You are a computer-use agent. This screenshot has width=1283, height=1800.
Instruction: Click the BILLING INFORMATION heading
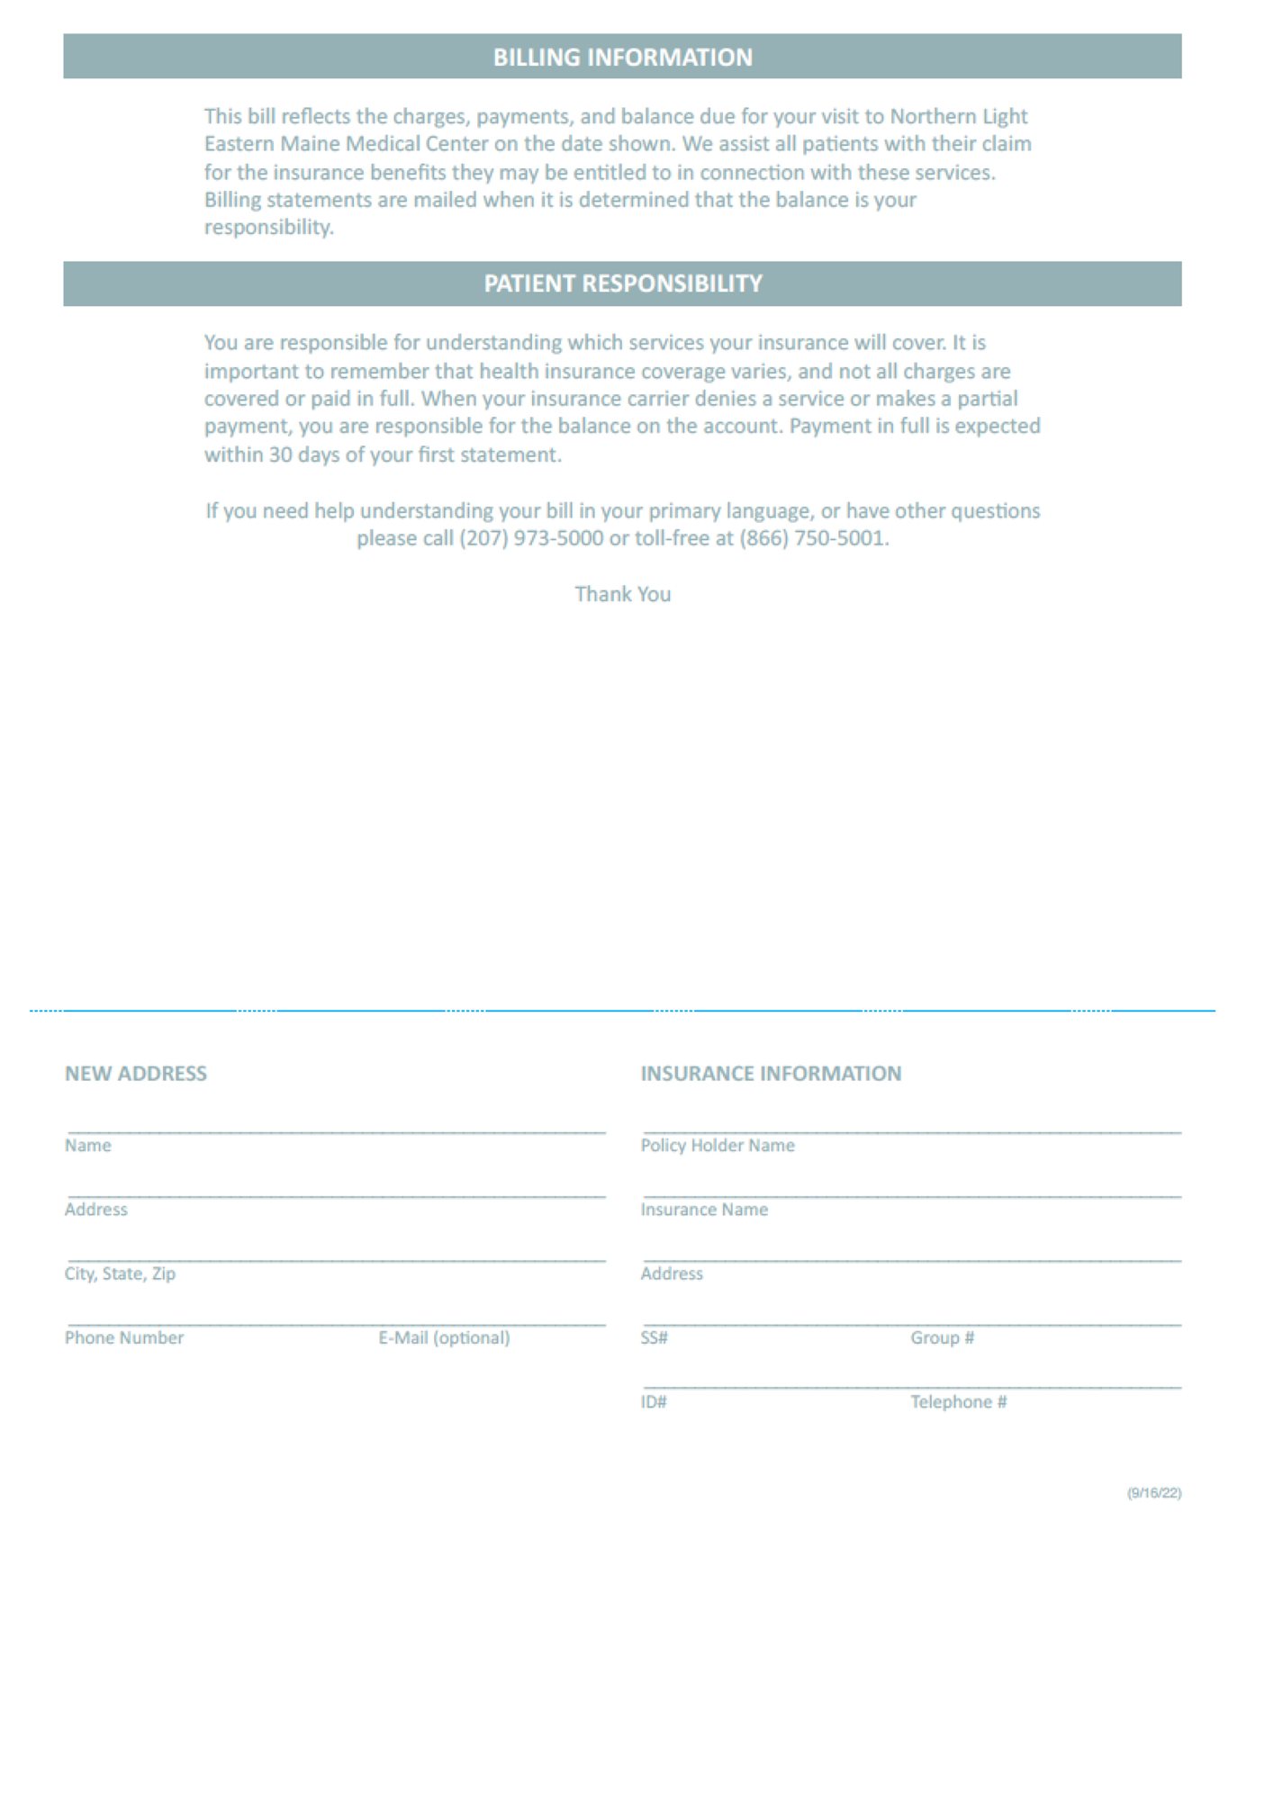[622, 58]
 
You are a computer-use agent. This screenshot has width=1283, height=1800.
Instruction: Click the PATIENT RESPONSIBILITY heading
[622, 283]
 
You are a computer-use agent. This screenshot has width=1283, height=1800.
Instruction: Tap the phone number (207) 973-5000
[531, 538]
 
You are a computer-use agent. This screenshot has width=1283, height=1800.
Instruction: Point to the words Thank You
[622, 594]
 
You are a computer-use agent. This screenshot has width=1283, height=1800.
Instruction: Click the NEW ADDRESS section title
[136, 1073]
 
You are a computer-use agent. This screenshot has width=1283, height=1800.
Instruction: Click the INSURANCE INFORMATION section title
[771, 1073]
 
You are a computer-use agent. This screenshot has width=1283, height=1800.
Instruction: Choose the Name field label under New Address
[88, 1145]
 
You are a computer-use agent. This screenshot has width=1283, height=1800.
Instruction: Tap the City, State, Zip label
[120, 1273]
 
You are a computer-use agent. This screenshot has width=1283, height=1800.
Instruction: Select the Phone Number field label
[124, 1337]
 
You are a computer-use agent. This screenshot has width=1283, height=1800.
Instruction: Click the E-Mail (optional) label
[444, 1337]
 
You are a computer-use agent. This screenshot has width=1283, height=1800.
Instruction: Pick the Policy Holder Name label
[718, 1145]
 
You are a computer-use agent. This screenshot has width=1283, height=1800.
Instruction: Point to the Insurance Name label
[704, 1210]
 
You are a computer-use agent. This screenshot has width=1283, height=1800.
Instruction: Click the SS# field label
[655, 1337]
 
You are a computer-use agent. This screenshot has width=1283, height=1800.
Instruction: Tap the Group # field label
[942, 1337]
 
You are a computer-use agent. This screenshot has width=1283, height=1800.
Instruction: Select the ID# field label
[654, 1401]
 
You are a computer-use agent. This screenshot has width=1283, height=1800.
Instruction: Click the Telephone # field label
[958, 1401]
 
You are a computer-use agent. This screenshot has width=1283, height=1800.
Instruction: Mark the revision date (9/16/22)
[1154, 1493]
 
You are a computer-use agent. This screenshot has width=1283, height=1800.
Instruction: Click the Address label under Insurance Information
[672, 1273]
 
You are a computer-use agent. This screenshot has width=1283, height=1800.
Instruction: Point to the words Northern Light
[959, 116]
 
